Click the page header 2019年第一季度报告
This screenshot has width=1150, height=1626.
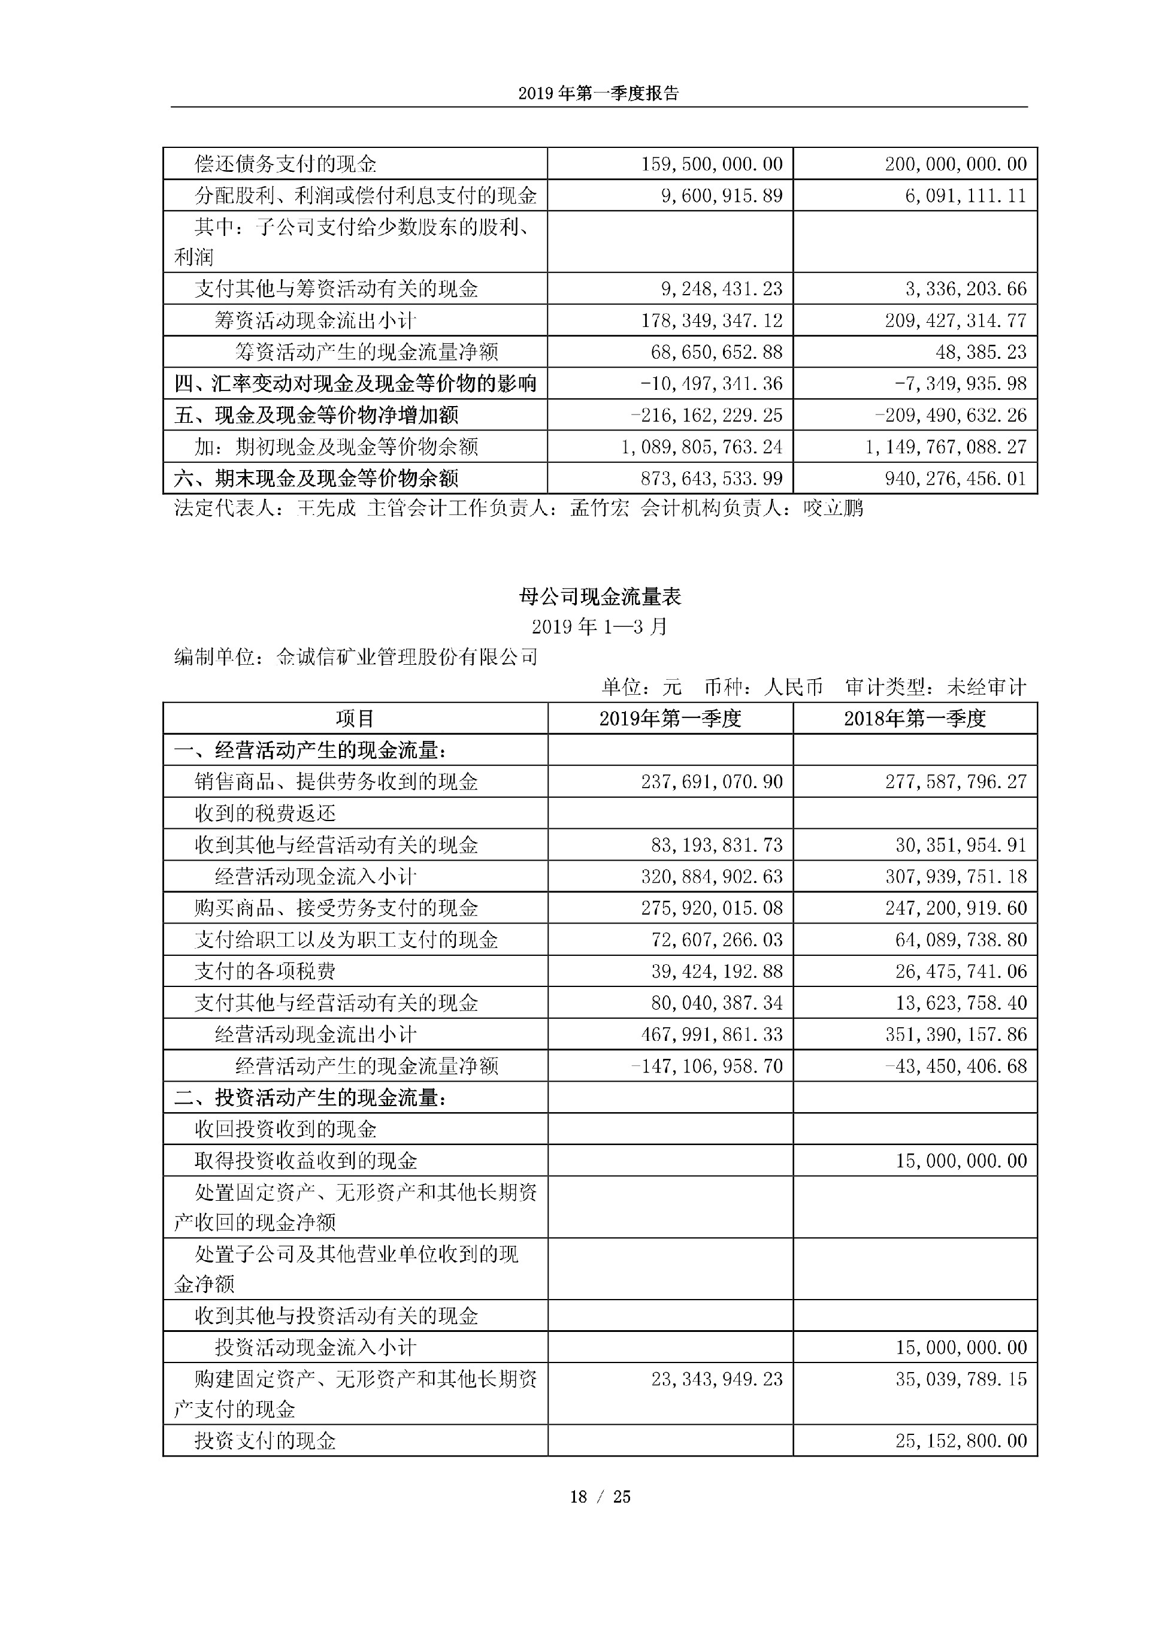[x=598, y=93]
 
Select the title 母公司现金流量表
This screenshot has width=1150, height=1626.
[x=600, y=597]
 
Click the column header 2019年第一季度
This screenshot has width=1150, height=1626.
[x=670, y=719]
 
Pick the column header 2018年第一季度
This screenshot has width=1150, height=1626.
[x=914, y=719]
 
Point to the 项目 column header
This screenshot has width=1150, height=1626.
[x=355, y=719]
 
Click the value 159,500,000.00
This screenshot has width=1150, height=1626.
[x=712, y=164]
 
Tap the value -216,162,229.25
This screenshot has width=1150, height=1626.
[x=707, y=415]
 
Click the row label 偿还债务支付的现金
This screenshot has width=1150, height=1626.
[x=285, y=164]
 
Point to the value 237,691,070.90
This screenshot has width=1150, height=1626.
[x=712, y=782]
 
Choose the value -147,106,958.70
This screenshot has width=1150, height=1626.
[x=707, y=1066]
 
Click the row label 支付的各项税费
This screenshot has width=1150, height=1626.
[x=265, y=971]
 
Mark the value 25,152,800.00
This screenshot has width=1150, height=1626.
[x=961, y=1440]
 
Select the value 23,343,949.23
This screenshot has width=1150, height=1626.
[x=716, y=1379]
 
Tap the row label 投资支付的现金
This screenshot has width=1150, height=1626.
[x=265, y=1440]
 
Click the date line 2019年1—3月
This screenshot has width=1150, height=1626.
[x=600, y=627]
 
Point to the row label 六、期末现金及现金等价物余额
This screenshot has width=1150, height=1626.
[x=316, y=479]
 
